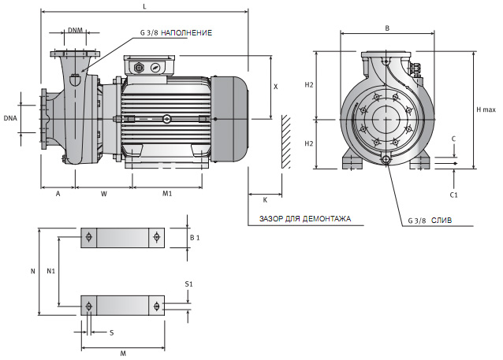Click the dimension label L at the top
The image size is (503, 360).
[143, 6]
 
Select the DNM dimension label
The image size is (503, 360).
[75, 31]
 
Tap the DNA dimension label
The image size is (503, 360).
[10, 117]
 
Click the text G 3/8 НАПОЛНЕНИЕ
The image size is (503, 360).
[175, 32]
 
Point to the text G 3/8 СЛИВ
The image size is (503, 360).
[430, 221]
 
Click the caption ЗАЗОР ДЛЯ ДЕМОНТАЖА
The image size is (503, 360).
[304, 218]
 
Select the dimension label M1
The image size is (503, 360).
[167, 194]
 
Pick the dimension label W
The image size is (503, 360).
[104, 194]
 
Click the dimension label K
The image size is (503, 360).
[265, 200]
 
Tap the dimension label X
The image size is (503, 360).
[275, 87]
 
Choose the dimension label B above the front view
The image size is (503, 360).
[386, 28]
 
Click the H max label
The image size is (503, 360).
[487, 109]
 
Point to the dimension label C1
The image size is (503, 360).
[453, 194]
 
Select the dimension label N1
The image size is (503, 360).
[50, 270]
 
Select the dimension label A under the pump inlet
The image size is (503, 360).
[58, 194]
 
